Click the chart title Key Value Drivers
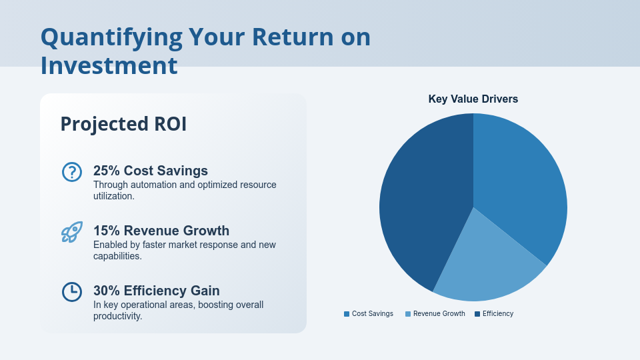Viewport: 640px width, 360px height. point(473,99)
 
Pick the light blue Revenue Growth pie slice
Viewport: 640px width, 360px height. point(487,267)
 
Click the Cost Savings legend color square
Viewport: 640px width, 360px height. point(347,314)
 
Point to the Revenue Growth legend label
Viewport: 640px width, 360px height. point(439,313)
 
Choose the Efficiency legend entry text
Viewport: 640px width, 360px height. point(498,313)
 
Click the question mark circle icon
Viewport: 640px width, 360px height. point(71,172)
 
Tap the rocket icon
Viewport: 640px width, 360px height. point(71,232)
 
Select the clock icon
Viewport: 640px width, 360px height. point(71,292)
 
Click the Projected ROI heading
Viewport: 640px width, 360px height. point(123,124)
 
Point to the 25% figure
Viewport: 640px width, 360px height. point(106,171)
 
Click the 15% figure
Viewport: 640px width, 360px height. point(106,231)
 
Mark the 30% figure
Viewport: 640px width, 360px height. point(106,291)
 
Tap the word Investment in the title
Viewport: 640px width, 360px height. point(109,65)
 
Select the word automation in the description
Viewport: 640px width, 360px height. point(150,185)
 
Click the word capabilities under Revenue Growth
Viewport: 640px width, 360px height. point(117,256)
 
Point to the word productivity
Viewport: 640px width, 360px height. point(117,316)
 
